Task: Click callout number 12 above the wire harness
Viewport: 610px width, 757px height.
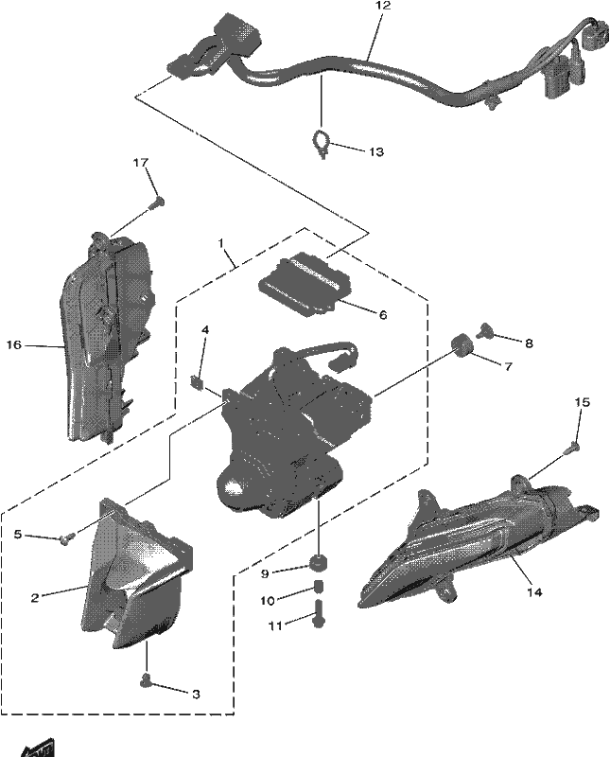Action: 383,7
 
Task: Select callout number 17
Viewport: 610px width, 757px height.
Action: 140,163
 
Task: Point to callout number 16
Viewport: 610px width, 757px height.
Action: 14,344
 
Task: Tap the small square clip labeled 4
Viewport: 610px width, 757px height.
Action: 196,381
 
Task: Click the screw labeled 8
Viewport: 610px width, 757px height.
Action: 483,331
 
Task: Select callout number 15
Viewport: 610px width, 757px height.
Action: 582,402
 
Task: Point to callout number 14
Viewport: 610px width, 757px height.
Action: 534,591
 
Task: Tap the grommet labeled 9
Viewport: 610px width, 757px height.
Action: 319,562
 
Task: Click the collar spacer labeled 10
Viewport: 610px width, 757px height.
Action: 318,588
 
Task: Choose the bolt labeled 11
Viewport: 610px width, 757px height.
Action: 319,613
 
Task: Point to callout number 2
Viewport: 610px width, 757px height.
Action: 35,598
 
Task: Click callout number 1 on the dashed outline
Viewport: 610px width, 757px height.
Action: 221,242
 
